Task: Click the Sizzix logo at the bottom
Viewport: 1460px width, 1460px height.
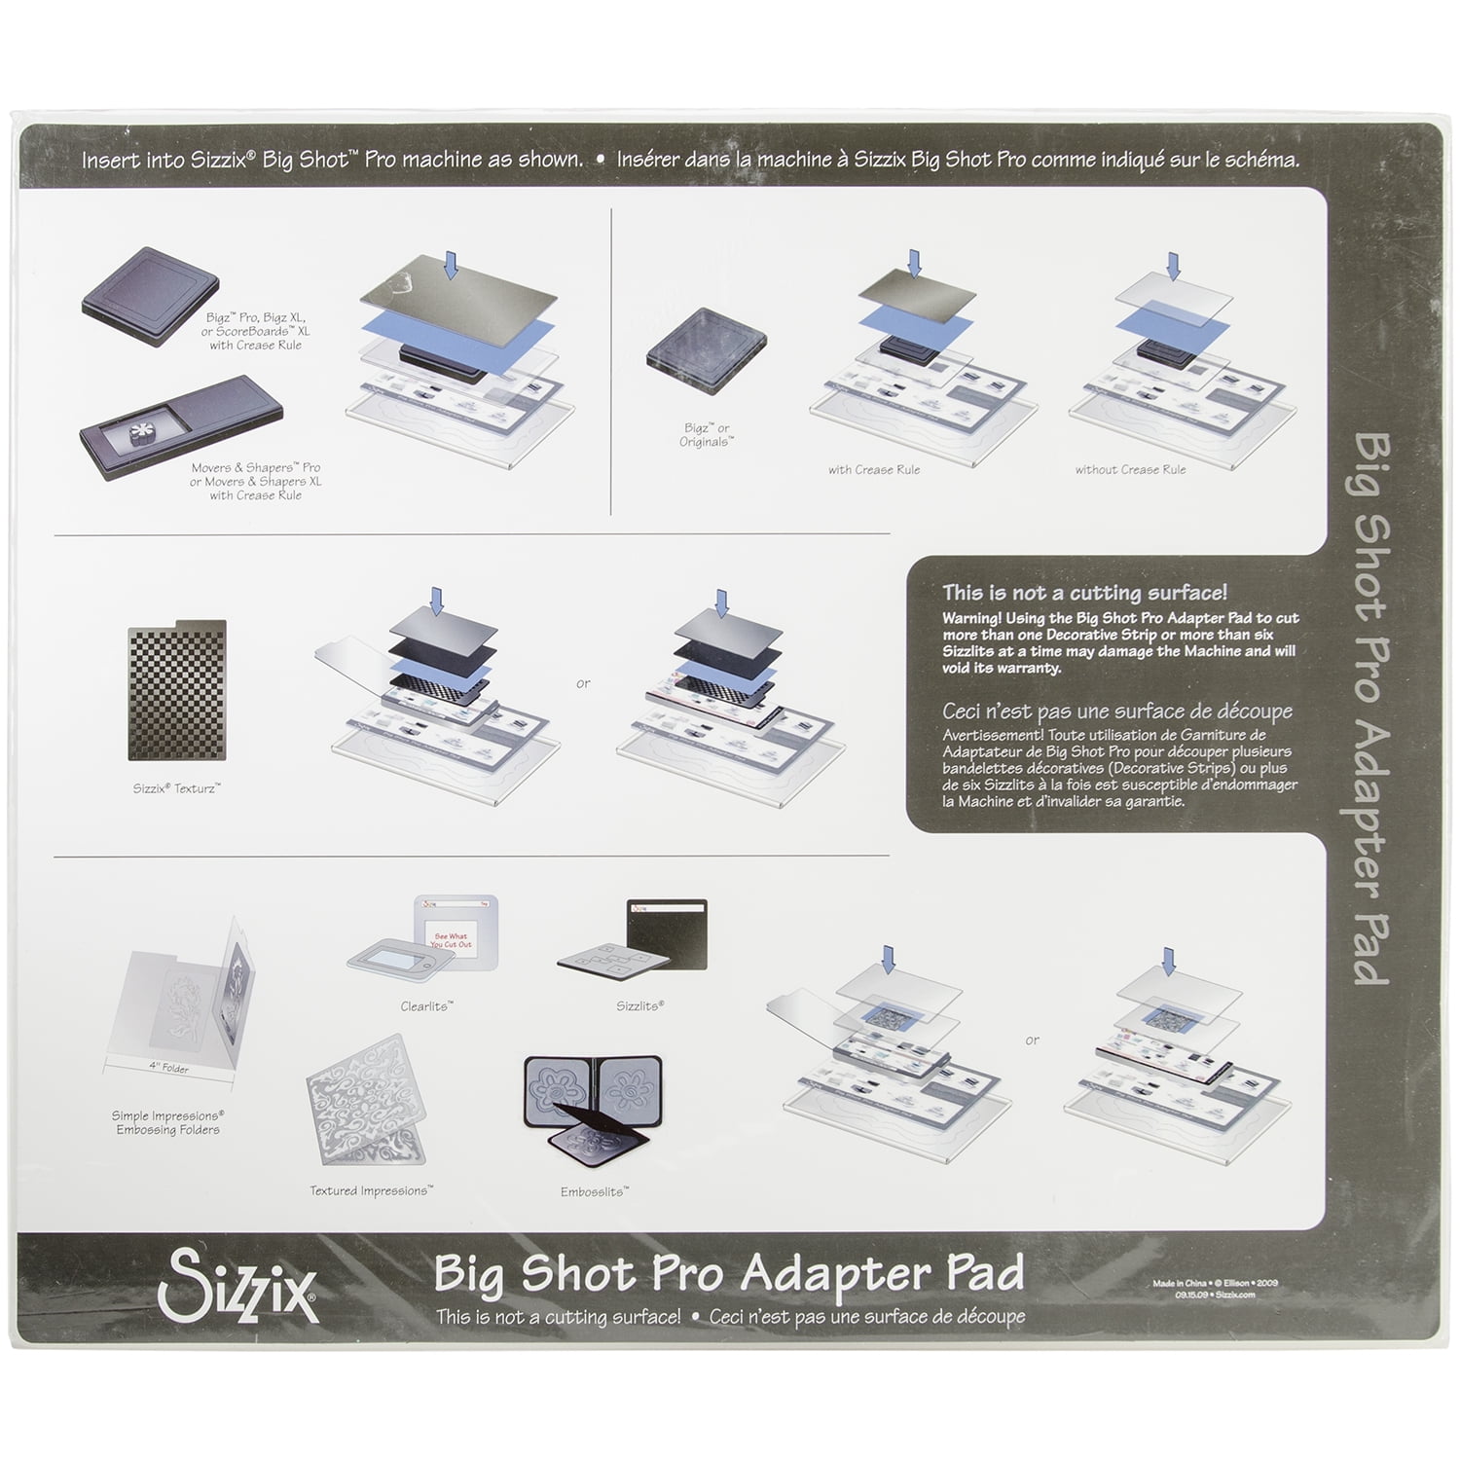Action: pos(237,1288)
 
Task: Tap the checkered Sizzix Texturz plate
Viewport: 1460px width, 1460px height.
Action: pos(177,690)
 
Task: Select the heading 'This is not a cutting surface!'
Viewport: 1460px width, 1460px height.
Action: pos(1084,593)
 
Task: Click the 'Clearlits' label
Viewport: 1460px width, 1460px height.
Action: pos(426,1006)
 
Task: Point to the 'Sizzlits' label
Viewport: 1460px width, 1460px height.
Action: pos(639,1005)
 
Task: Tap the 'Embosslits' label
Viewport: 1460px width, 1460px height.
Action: pos(594,1191)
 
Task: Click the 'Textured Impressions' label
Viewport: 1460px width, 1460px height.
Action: pos(371,1190)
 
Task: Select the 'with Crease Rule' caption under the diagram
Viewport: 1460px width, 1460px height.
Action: pos(873,470)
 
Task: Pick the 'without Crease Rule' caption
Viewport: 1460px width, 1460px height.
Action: pos(1130,470)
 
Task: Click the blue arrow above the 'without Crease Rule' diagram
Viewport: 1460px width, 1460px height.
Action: pos(1173,266)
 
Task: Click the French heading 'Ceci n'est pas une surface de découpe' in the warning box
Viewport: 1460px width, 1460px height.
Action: pos(1117,712)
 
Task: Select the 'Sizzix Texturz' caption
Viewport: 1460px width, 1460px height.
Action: pos(176,788)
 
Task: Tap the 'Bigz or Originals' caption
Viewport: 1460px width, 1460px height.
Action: pos(706,435)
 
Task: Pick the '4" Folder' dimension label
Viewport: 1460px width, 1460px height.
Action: pos(168,1068)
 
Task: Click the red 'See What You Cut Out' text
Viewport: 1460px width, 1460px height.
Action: pos(451,940)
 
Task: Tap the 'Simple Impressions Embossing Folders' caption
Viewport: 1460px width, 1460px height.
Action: pos(167,1122)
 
